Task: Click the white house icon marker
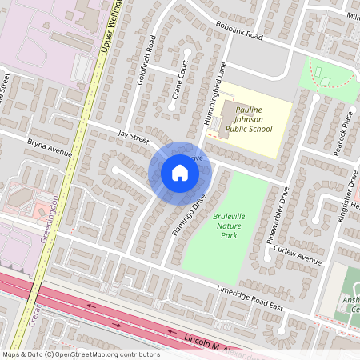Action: point(179,173)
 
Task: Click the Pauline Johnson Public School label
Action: point(248,118)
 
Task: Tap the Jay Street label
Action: point(133,138)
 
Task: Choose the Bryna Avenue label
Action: point(50,148)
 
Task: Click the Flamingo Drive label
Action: point(190,214)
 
